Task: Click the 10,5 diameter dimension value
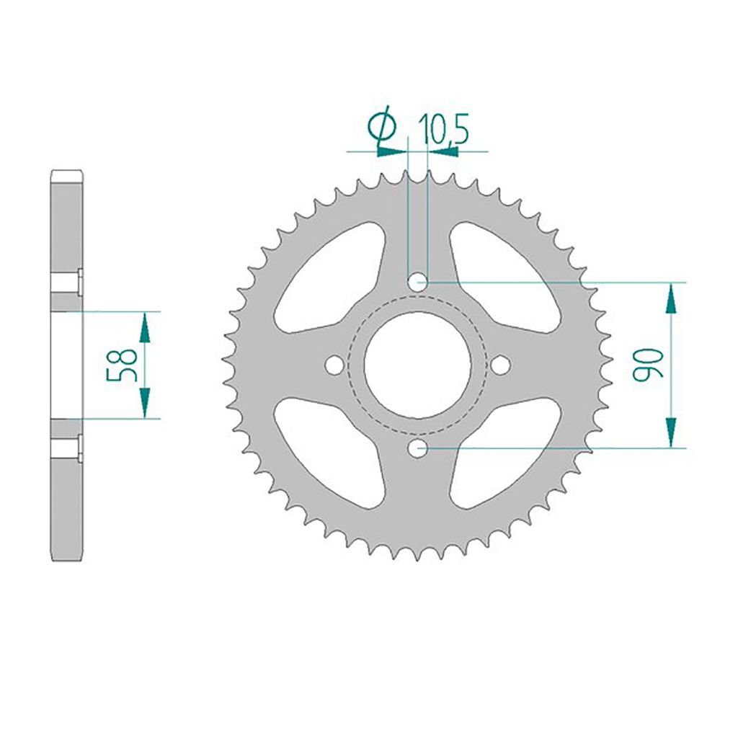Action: (443, 128)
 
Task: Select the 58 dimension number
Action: (122, 365)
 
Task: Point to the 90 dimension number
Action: (648, 364)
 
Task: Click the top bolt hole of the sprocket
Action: (417, 283)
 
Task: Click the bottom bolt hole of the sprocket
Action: (417, 448)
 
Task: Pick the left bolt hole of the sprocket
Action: (334, 365)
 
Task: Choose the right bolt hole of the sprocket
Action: (500, 365)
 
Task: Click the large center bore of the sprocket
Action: (417, 365)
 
